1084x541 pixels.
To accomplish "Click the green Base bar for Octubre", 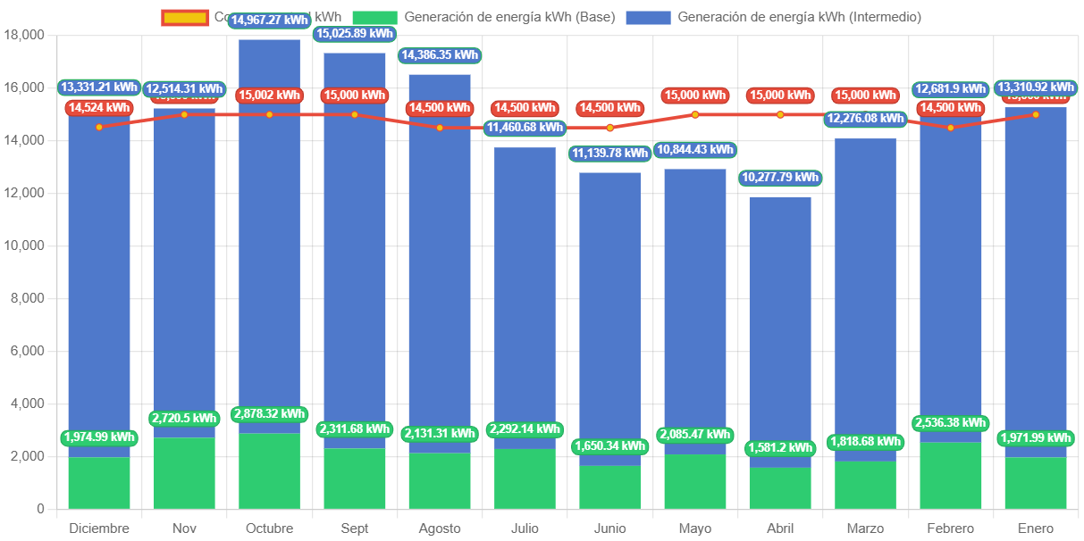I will point(269,470).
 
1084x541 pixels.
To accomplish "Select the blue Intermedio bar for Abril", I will point(780,330).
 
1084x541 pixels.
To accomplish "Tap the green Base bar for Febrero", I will point(950,475).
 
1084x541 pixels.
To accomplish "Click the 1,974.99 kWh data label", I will point(99,437).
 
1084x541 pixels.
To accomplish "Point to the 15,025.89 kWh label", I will point(354,34).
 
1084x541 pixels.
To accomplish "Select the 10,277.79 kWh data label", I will point(780,178).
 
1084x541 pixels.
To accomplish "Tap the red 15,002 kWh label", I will point(269,96).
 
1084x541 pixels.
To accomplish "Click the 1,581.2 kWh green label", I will point(780,447).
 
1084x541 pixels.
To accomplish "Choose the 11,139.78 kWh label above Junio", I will point(609,154).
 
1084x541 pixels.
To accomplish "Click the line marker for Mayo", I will point(695,114).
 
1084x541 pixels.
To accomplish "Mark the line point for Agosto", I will point(440,128).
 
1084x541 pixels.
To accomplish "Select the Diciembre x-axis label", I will point(99,529).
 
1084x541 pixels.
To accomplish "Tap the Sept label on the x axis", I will point(354,529).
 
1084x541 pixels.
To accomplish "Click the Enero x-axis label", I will point(1036,529).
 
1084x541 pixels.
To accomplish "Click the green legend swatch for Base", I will point(374,17).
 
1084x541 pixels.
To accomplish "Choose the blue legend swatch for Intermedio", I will point(647,17).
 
